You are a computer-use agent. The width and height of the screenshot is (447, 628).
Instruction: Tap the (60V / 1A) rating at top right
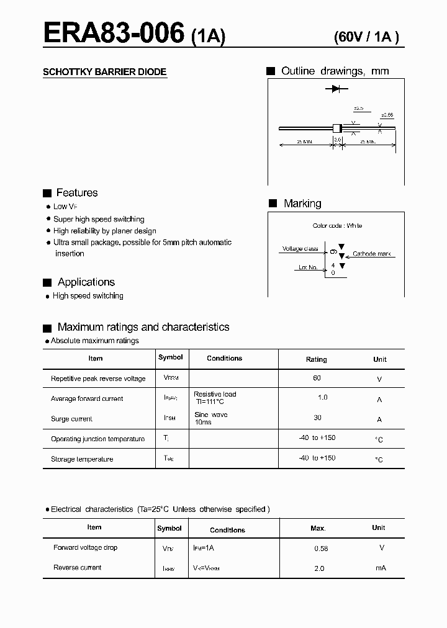coord(366,37)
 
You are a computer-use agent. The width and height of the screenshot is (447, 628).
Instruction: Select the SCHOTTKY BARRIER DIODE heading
coord(104,72)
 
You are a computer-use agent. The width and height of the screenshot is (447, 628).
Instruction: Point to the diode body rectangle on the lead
coord(337,128)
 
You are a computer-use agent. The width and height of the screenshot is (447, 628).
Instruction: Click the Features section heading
coord(76,193)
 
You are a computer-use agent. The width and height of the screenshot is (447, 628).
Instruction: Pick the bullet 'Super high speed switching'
coord(99,219)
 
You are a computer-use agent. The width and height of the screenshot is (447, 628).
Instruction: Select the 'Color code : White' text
coord(337,226)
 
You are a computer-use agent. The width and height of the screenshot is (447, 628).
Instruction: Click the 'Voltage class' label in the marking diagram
coord(300,249)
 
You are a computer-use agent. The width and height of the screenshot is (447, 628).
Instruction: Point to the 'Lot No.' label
coord(308,267)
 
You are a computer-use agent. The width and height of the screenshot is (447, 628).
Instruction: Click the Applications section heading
coord(86,282)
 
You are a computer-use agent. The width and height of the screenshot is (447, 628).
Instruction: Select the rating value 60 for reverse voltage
coord(317,378)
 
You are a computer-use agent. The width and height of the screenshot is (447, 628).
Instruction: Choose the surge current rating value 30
coord(318,418)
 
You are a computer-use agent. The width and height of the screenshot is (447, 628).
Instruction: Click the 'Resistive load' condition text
coord(215,394)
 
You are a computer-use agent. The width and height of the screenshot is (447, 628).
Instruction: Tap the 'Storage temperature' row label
coord(82,459)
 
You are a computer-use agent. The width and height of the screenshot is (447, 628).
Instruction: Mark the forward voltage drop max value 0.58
coord(321,549)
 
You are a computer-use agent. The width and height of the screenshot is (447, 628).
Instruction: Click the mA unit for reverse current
coord(381,568)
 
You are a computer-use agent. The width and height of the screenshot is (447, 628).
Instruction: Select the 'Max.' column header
coord(318,528)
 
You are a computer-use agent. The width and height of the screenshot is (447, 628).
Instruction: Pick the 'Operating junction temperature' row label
coord(97,439)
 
